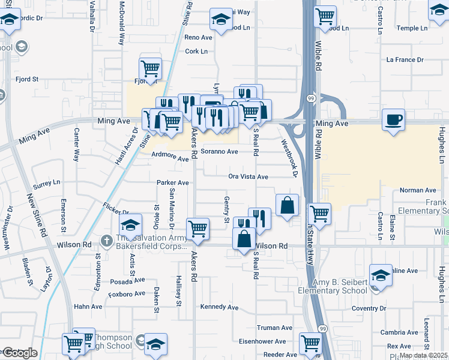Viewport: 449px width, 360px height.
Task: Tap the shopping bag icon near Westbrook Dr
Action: pyautogui.click(x=287, y=206)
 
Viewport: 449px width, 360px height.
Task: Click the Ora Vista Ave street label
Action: pyautogui.click(x=248, y=177)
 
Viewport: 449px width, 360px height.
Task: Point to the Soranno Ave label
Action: pyautogui.click(x=219, y=152)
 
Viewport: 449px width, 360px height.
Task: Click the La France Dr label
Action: pyautogui.click(x=405, y=60)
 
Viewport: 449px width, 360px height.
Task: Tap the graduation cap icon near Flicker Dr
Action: pyautogui.click(x=130, y=226)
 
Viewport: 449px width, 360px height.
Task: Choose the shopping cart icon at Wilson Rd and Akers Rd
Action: pyautogui.click(x=197, y=228)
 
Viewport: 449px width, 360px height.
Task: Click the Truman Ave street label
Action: pyautogui.click(x=274, y=328)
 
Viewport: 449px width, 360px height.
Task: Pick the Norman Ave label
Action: pyautogui.click(x=417, y=190)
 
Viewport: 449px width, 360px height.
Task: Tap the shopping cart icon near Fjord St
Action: pyautogui.click(x=149, y=69)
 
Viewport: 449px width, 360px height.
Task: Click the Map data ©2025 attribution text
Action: pyautogui.click(x=423, y=355)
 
